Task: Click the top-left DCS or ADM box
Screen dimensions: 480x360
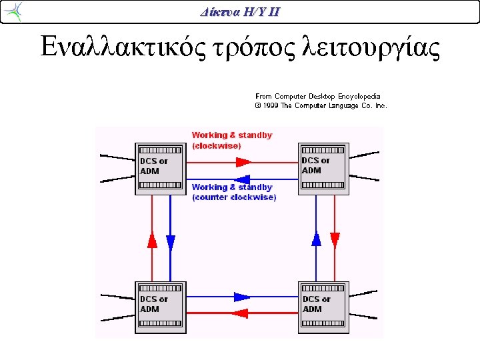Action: pyautogui.click(x=161, y=169)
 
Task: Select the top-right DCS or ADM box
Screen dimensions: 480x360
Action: pyautogui.click(x=323, y=169)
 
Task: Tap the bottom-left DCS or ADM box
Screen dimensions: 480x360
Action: pyautogui.click(x=161, y=307)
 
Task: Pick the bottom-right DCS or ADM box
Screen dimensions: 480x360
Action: pyautogui.click(x=323, y=307)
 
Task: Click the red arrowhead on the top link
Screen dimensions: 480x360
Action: pyautogui.click(x=244, y=162)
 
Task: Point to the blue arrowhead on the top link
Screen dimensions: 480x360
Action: pyautogui.click(x=242, y=179)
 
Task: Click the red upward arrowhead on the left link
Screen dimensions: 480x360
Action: pyautogui.click(x=152, y=240)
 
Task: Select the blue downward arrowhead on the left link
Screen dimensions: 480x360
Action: pyautogui.click(x=171, y=243)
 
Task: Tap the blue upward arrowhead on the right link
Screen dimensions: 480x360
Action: pyautogui.click(x=316, y=238)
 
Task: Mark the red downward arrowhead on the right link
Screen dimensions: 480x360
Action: pyautogui.click(x=335, y=241)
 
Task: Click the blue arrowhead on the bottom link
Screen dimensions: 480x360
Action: pyautogui.click(x=242, y=297)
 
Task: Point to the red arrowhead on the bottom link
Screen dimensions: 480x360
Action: pyautogui.click(x=240, y=313)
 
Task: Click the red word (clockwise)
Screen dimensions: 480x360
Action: pyautogui.click(x=217, y=146)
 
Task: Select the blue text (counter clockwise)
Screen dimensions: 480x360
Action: pyautogui.click(x=234, y=197)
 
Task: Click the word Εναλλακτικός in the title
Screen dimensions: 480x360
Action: pyautogui.click(x=123, y=47)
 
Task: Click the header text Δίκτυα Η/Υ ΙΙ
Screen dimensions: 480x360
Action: pyautogui.click(x=240, y=12)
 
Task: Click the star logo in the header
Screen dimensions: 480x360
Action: pyautogui.click(x=14, y=11)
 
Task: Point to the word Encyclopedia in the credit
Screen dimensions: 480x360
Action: pyautogui.click(x=359, y=97)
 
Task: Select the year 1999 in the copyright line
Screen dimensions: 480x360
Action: pyautogui.click(x=270, y=105)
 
